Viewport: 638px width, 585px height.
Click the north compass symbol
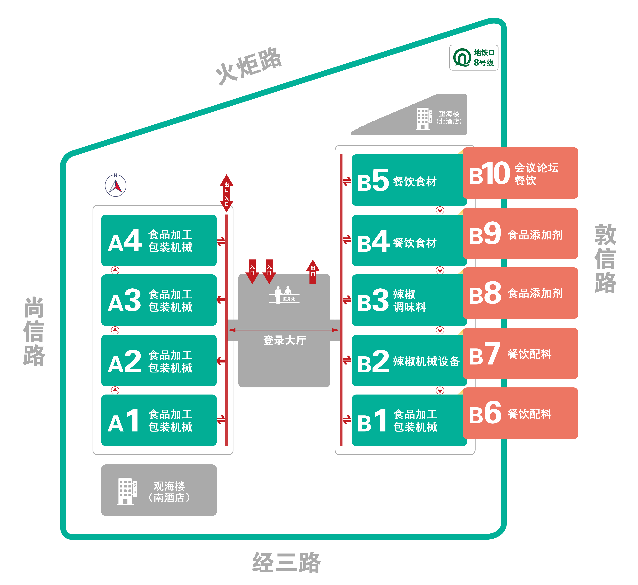(x=115, y=186)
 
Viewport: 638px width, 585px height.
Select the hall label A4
(x=124, y=241)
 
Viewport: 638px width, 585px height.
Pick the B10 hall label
(x=489, y=174)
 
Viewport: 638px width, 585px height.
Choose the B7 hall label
(x=484, y=354)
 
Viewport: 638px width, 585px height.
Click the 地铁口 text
(x=484, y=53)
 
